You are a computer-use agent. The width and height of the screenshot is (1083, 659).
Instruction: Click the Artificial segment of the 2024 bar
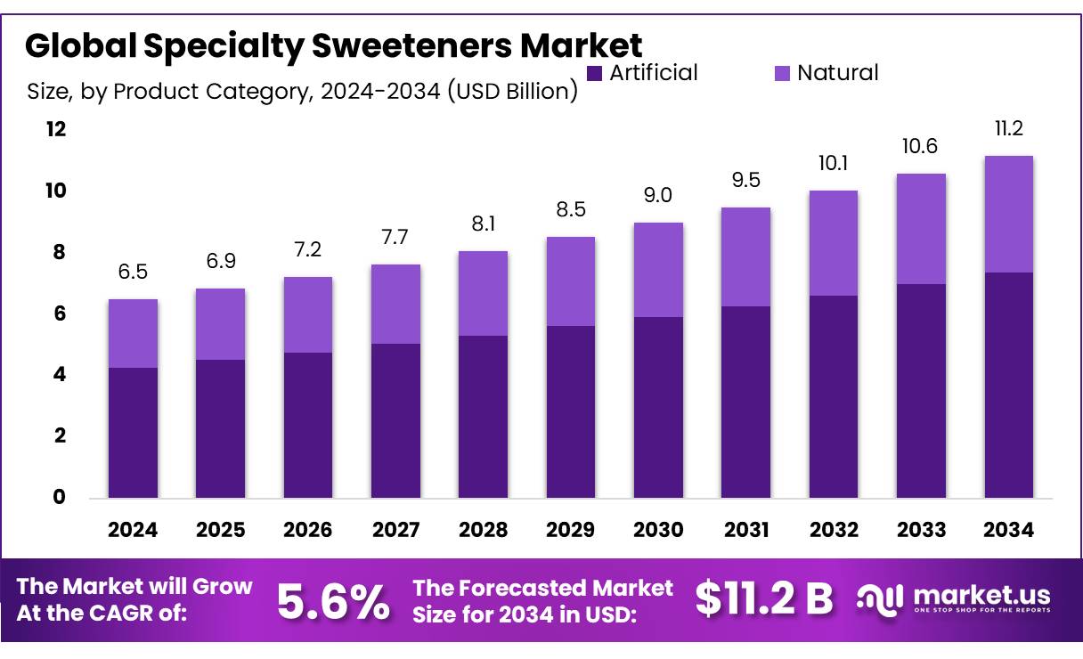click(133, 433)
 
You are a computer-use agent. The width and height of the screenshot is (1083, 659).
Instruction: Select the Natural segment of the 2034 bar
click(1008, 214)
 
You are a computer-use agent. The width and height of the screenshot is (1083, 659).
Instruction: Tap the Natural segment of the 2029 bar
click(571, 281)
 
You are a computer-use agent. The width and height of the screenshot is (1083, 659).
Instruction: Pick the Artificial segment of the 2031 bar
click(745, 402)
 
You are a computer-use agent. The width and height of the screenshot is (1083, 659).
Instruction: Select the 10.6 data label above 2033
click(921, 147)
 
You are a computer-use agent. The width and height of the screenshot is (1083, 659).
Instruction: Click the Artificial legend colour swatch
click(595, 72)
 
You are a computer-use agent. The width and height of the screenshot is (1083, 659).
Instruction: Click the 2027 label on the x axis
click(395, 531)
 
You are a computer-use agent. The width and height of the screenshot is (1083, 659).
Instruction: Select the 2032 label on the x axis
click(834, 531)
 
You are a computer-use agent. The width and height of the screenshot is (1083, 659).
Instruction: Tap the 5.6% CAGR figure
click(333, 602)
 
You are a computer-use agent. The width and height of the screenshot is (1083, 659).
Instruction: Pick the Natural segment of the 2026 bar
click(308, 314)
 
